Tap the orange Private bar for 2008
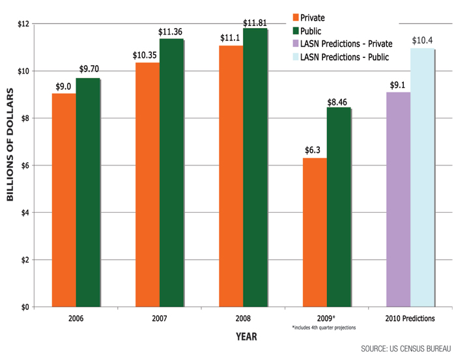click(x=231, y=176)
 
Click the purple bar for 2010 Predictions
click(x=398, y=199)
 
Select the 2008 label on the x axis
click(x=243, y=320)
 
